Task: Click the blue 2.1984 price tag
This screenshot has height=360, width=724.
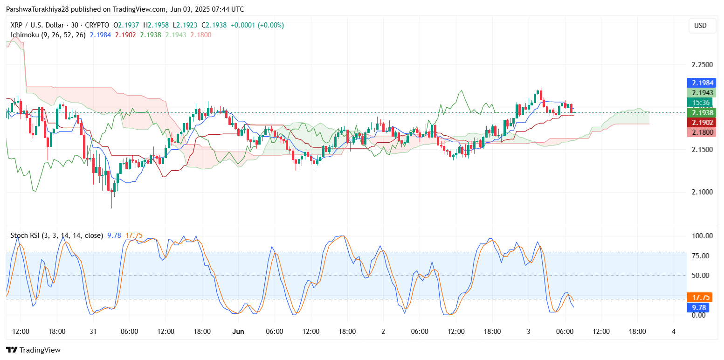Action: click(700, 83)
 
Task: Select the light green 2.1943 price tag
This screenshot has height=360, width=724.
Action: click(700, 93)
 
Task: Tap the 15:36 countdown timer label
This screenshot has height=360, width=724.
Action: click(700, 103)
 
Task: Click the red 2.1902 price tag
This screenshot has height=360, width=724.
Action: click(700, 122)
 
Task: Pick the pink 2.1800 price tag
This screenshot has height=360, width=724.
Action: click(700, 132)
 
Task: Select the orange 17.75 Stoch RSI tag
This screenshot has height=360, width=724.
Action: click(700, 297)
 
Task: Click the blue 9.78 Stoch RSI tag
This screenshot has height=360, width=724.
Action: click(700, 307)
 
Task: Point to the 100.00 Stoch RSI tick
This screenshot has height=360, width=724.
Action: click(702, 236)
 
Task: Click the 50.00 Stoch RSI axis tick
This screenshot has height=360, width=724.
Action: click(702, 275)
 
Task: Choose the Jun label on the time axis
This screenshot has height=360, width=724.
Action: click(238, 332)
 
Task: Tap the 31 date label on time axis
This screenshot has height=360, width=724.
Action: click(92, 332)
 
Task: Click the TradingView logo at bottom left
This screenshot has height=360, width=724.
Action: click(33, 350)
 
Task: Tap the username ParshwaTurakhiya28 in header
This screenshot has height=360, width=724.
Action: click(37, 9)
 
